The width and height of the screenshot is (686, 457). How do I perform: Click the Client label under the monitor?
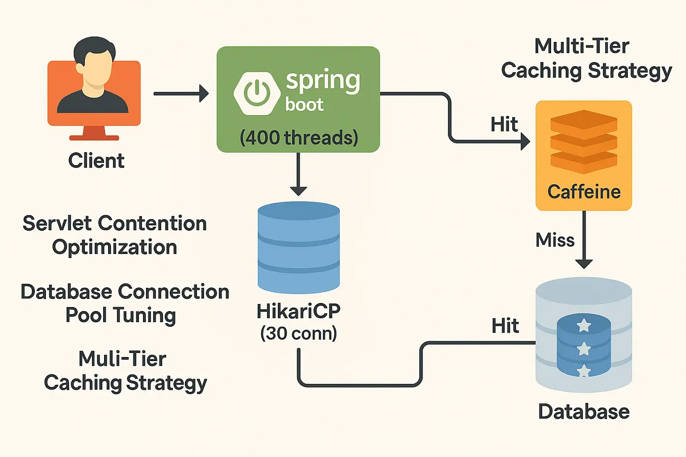[x=96, y=161]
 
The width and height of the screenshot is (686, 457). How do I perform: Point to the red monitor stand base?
[x=94, y=137]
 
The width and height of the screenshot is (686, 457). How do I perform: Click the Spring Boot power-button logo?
[x=257, y=93]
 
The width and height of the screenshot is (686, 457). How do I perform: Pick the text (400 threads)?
[x=299, y=137]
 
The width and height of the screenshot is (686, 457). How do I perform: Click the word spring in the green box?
[x=323, y=81]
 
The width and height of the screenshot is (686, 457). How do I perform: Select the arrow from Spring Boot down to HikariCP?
[x=299, y=174]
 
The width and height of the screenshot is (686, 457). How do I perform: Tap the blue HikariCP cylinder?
[x=299, y=247]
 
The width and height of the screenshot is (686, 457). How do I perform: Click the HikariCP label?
[x=299, y=311]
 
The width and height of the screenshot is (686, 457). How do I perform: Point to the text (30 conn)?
[x=299, y=333]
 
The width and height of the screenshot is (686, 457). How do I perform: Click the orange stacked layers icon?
[x=583, y=141]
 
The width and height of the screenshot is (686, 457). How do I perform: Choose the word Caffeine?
[x=584, y=192]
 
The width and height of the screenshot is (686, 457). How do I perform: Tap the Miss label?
[x=555, y=240]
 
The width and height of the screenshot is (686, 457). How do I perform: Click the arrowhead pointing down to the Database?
[x=584, y=263]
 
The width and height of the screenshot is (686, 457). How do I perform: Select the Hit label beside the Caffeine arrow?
[x=504, y=124]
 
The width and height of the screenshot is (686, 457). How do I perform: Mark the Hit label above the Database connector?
[x=505, y=326]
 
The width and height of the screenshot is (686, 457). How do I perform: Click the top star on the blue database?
[x=584, y=325]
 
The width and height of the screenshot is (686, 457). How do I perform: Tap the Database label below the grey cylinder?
[x=583, y=412]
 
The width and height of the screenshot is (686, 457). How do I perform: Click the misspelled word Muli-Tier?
[x=122, y=359]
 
